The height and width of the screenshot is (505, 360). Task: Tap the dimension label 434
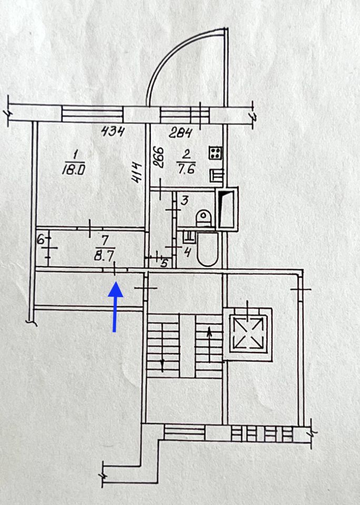(x=112, y=132)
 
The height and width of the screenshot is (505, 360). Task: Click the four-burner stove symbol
(x=216, y=153)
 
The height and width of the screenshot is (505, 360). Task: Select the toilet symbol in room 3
(x=202, y=217)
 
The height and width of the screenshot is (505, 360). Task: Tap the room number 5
(x=164, y=262)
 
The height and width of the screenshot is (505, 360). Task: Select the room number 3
(x=184, y=199)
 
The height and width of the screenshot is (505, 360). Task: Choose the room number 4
(x=186, y=252)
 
